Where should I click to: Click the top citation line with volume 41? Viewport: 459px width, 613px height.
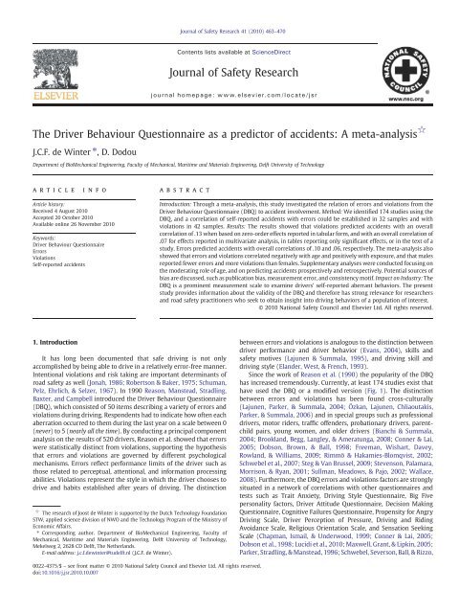229,8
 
